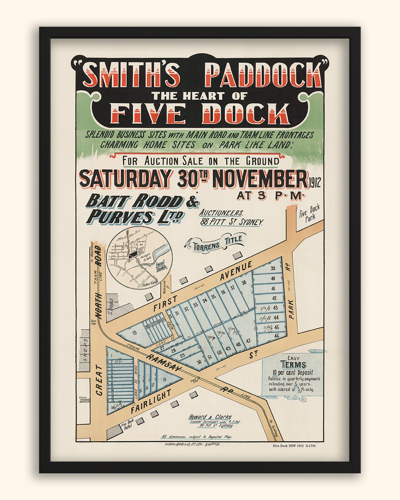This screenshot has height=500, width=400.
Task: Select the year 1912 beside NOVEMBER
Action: (x=314, y=183)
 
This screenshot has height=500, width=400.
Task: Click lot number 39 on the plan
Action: (x=273, y=268)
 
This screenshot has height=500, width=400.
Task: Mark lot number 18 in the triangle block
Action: (x=165, y=380)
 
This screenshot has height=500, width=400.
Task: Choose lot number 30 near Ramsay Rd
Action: (x=199, y=362)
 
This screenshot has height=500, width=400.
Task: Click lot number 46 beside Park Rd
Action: (x=276, y=336)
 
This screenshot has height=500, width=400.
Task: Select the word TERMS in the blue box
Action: (x=293, y=364)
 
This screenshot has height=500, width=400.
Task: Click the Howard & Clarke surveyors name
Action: (x=210, y=417)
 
